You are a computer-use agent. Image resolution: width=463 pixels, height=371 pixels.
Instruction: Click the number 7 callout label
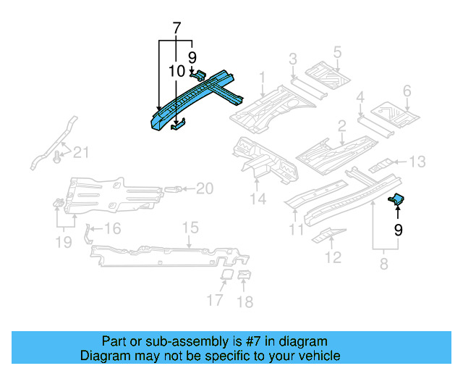(176, 30)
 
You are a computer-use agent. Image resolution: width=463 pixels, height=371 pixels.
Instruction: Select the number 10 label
(177, 71)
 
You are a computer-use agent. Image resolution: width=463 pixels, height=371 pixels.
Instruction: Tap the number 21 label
(82, 151)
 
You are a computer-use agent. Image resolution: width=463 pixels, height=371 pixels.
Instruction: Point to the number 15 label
(189, 228)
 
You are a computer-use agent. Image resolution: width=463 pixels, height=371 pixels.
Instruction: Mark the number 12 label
(333, 257)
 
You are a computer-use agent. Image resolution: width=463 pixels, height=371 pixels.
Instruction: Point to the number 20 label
(205, 188)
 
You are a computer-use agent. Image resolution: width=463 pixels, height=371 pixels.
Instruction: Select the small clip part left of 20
(174, 189)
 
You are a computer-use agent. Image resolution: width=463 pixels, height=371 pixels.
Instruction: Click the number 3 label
(292, 59)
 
